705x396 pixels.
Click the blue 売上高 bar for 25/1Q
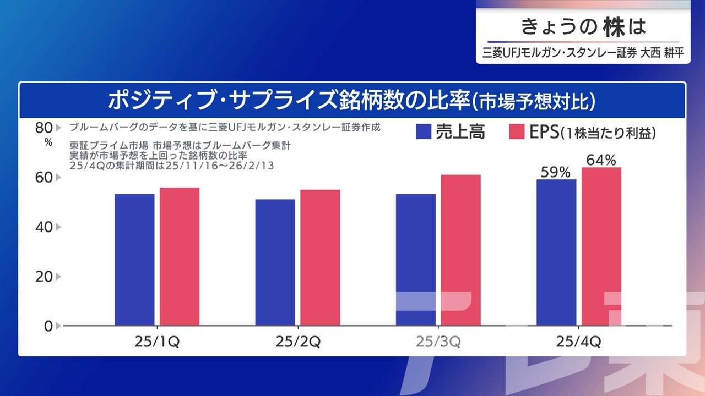tap(134, 260)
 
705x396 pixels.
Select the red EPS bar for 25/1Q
tap(180, 256)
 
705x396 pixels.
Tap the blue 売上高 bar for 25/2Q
tap(275, 262)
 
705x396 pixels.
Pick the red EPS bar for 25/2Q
tap(320, 257)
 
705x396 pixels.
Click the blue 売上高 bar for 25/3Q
tap(416, 260)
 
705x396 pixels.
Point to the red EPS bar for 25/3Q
tap(461, 250)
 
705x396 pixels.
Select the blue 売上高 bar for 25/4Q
tap(556, 252)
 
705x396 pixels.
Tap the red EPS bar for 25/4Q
tap(601, 246)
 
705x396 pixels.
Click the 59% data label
tap(555, 172)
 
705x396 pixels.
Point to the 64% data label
tap(601, 160)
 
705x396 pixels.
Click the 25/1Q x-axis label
tap(157, 342)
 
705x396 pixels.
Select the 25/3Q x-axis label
tap(438, 342)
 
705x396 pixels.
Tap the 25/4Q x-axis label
tap(578, 342)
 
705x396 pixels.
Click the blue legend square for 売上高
tap(424, 132)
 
